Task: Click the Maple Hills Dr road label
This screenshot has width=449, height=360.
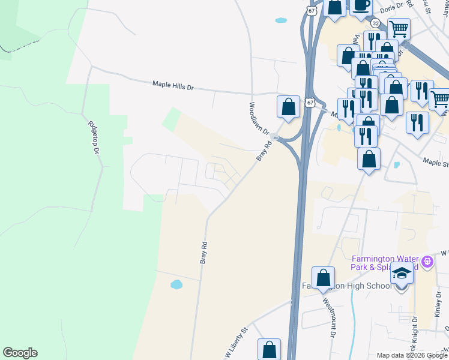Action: pyautogui.click(x=173, y=86)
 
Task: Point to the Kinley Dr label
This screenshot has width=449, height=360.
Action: pyautogui.click(x=437, y=305)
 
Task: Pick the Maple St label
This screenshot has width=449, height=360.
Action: pyautogui.click(x=436, y=161)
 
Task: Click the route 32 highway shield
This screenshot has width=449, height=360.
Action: pyautogui.click(x=375, y=23)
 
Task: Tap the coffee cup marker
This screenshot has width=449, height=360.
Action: pyautogui.click(x=362, y=5)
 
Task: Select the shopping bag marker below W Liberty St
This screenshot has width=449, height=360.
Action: pyautogui.click(x=270, y=350)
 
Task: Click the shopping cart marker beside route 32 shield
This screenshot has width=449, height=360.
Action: pyautogui.click(x=399, y=28)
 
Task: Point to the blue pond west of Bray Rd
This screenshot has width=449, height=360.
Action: pyautogui.click(x=176, y=284)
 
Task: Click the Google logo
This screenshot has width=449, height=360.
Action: pyautogui.click(x=20, y=353)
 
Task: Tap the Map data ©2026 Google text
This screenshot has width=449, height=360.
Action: pyautogui.click(x=411, y=355)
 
